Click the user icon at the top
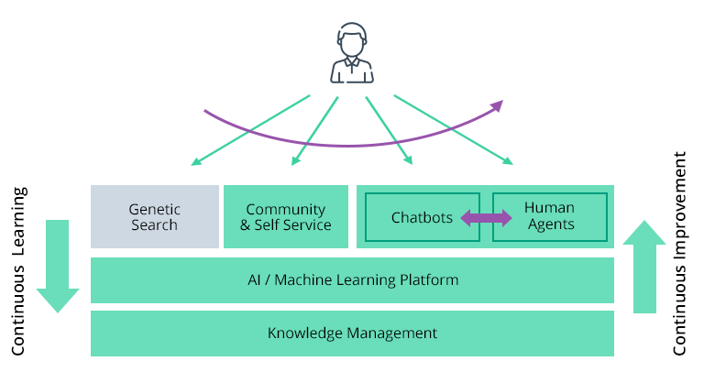pos(352,54)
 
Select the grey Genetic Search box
pos(154,216)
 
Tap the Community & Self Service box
pos(286,216)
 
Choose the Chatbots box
pos(422,217)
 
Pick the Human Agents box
pos(549,217)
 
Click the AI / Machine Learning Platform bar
pos(352,279)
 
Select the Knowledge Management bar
pos(352,333)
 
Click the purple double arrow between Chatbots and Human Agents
pos(486,218)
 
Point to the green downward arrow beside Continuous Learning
pos(58,266)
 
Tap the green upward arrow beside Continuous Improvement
pos(645,267)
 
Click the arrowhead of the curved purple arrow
pos(498,105)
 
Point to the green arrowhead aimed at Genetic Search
pos(195,163)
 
